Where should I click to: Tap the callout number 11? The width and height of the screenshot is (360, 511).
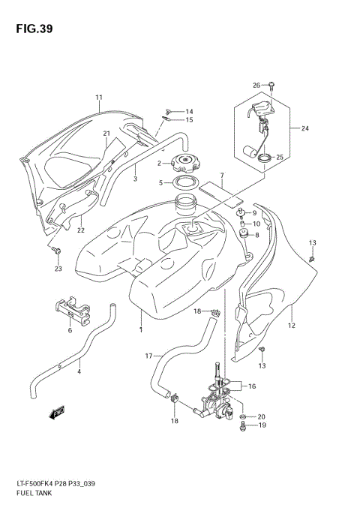coord(98,98)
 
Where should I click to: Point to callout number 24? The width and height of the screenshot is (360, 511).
coord(305,128)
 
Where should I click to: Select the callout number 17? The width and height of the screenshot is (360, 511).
coord(148,356)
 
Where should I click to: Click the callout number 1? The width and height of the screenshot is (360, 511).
coord(140,329)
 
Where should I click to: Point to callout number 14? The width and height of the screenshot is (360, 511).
coord(190,112)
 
